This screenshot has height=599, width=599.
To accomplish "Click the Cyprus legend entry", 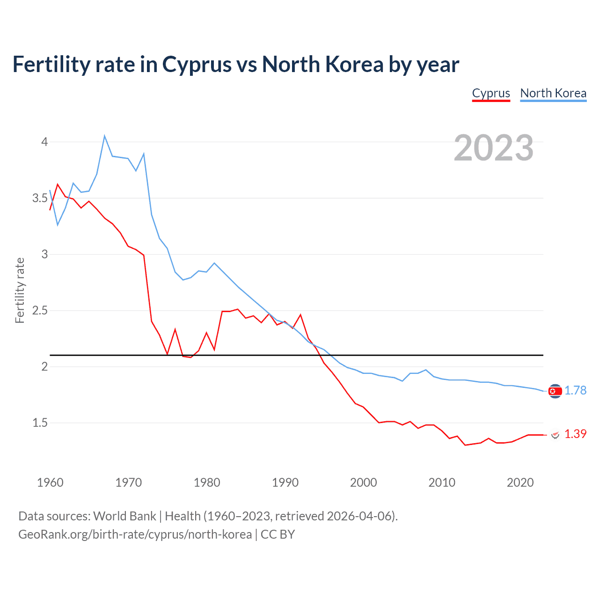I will click(491, 93).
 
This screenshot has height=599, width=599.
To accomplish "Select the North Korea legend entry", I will click(553, 93).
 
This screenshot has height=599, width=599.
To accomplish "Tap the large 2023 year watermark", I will click(494, 148).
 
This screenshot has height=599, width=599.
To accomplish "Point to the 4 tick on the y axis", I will click(45, 142).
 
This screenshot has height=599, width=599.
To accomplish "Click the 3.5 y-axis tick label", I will click(40, 198).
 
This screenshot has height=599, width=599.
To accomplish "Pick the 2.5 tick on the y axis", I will click(40, 310).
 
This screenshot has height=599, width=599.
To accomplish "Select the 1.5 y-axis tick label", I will click(40, 423).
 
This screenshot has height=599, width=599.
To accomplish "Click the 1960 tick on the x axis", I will click(50, 482).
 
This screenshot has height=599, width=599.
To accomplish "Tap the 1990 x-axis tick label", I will click(285, 482).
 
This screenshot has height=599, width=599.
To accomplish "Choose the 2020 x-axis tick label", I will click(520, 482).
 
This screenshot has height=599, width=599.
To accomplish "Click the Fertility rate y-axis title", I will click(20, 290).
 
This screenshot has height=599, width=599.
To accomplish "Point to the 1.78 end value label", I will click(575, 390).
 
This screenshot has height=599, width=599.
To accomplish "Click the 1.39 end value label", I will click(575, 434).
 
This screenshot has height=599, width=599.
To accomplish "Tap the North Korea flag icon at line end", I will click(555, 391).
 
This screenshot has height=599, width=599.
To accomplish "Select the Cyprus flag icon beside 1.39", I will click(555, 435).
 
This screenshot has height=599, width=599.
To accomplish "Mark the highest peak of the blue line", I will click(104, 136).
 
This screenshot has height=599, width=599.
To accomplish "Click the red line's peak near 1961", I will click(58, 184).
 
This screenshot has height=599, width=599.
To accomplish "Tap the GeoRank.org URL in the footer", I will click(135, 534).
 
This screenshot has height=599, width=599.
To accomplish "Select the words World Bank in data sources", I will click(124, 516).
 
